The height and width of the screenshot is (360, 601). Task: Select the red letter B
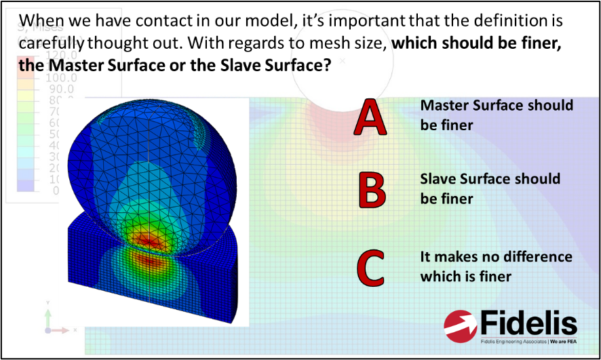coord(372,191)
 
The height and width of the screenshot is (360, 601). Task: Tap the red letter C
coord(370,267)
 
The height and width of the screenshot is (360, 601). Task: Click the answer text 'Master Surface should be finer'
coord(496,115)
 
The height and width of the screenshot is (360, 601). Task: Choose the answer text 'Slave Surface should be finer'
coord(490,188)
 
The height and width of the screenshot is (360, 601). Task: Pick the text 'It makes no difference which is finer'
coord(496,266)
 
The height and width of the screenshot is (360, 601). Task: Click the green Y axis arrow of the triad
coord(47,316)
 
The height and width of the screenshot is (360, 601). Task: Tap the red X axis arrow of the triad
coord(61,330)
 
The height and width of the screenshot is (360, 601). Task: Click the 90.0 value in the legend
coord(59,89)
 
